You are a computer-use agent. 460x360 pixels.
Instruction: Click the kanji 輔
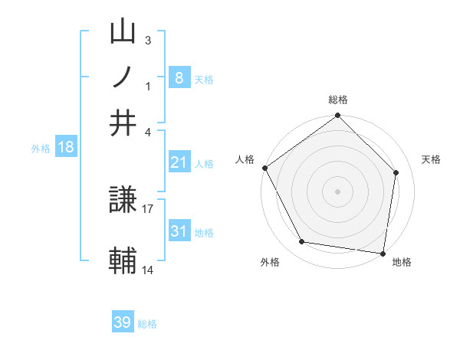click(123, 261)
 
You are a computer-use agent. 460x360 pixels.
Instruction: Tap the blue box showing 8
click(179, 77)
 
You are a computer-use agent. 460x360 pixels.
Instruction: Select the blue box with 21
click(179, 162)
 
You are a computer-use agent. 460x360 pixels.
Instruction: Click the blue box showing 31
click(179, 231)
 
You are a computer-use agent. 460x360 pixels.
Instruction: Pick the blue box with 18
click(66, 148)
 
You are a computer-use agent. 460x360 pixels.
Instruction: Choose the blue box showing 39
click(123, 322)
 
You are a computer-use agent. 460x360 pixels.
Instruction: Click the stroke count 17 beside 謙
click(148, 208)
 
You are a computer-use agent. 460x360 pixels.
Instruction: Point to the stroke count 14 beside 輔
click(148, 270)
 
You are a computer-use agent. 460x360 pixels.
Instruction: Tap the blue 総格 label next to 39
click(147, 324)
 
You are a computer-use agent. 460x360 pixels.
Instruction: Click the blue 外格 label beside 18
click(41, 149)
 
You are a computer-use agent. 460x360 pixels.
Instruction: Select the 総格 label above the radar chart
click(338, 100)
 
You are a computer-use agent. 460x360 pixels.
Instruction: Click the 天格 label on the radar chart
click(432, 159)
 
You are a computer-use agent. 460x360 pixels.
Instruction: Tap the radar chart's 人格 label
click(245, 159)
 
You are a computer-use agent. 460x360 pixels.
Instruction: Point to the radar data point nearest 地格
click(383, 253)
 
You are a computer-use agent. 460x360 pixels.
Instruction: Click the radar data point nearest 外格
click(302, 242)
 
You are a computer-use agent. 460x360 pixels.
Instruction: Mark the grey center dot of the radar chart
click(338, 191)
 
